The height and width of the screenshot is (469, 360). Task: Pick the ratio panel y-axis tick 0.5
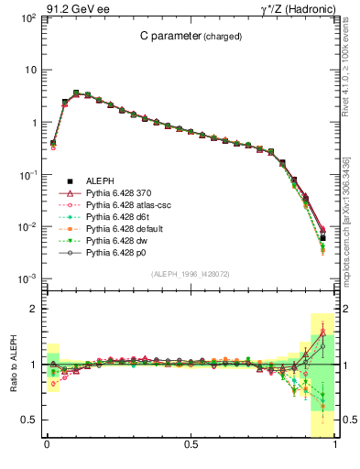(x=30, y=420)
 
